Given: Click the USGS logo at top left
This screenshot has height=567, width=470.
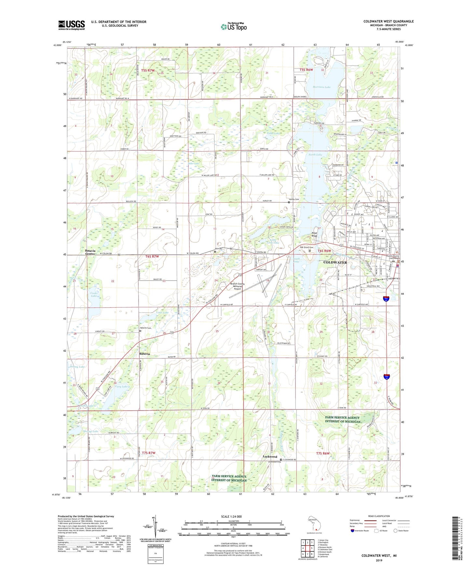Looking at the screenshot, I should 71,25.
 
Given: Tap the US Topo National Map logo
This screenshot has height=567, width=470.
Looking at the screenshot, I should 234,27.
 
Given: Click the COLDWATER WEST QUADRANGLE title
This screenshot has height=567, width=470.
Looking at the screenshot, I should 388,21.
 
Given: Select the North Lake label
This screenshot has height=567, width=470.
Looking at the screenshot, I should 315,155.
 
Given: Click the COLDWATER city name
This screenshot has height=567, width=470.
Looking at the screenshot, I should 335,262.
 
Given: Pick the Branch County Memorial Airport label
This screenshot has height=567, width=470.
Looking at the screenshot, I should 237,286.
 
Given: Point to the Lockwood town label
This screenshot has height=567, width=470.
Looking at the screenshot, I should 270,457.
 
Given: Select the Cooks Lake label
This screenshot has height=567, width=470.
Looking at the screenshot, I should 94,294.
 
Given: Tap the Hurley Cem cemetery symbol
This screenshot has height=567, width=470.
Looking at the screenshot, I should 289,202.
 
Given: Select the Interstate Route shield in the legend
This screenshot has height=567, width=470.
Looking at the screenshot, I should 353,531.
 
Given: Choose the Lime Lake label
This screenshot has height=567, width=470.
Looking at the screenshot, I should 162,312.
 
